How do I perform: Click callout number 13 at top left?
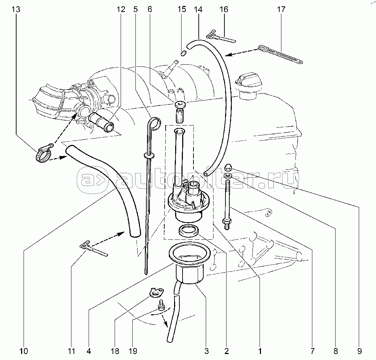click(16, 9)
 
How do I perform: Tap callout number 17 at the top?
click(281, 9)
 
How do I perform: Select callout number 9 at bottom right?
click(359, 351)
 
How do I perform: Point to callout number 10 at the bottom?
click(24, 351)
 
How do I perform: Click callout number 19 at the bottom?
click(133, 351)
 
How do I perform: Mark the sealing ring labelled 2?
click(189, 231)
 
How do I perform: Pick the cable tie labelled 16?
click(221, 36)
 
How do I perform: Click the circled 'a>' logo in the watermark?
click(92, 180)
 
